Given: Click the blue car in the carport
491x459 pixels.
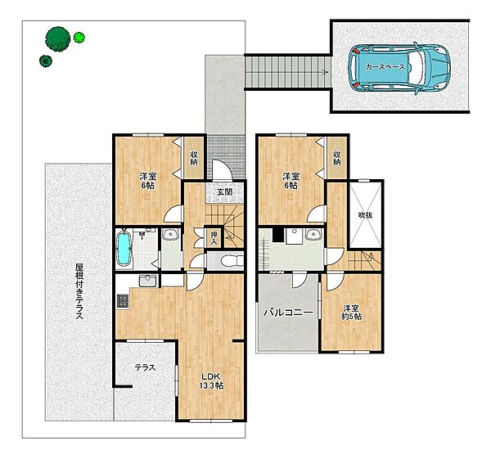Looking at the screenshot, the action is [399, 68].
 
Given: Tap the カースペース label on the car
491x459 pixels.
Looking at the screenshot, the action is [385, 67].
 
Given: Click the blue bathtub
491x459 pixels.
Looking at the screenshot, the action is [125, 249].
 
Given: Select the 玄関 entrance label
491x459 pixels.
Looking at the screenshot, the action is [225, 191].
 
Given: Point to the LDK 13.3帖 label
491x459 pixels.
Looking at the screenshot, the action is [211, 381].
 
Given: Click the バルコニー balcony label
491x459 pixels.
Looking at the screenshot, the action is [288, 313].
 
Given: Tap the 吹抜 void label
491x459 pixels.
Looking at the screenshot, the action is [366, 215].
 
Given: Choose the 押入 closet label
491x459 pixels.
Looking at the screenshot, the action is [214, 237].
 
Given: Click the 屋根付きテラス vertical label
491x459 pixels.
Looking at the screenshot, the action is [79, 291].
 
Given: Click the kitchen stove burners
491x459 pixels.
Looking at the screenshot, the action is [123, 301].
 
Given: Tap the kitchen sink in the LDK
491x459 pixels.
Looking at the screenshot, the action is [147, 281].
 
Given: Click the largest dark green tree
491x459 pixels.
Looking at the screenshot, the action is [57, 38].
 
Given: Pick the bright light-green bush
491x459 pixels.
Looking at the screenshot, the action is [79, 38].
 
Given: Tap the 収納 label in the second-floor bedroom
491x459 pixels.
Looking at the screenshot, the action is [337, 158].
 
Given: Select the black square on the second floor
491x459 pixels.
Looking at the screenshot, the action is [277, 235].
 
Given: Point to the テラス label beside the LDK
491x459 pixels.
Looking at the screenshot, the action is [145, 367].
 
